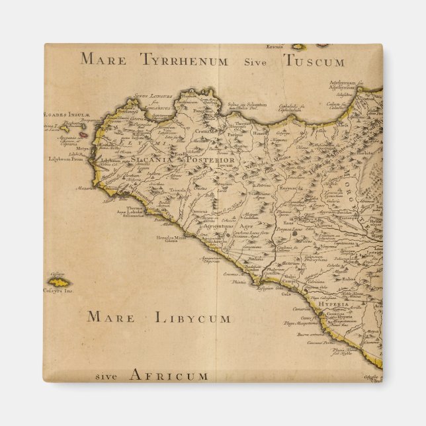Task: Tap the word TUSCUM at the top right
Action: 315,62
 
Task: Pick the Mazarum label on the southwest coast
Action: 85,188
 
